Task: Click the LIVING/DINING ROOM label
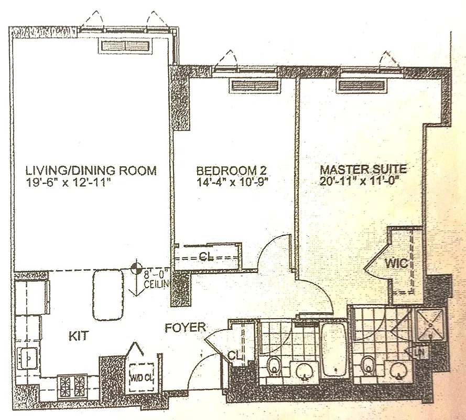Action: [91, 170]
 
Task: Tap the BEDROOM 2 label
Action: [232, 170]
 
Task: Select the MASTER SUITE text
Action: [363, 170]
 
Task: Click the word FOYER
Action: [186, 328]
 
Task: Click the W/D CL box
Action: [141, 377]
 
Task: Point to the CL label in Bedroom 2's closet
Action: [206, 257]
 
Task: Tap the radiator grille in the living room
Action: [120, 46]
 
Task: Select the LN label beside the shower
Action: [420, 352]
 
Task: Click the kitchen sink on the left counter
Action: [26, 359]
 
